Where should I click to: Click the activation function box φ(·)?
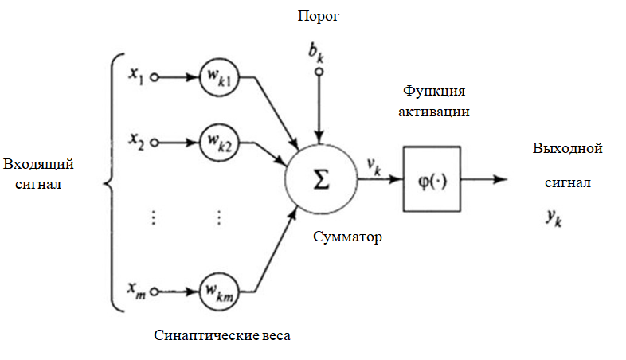[x=432, y=179]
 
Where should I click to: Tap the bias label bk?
[x=318, y=53]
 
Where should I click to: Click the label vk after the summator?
[x=373, y=165]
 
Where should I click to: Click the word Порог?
[x=319, y=15]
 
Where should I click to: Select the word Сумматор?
[x=347, y=237]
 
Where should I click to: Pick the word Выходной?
[x=566, y=148]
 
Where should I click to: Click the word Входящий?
[x=38, y=165]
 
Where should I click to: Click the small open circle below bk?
[x=319, y=72]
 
